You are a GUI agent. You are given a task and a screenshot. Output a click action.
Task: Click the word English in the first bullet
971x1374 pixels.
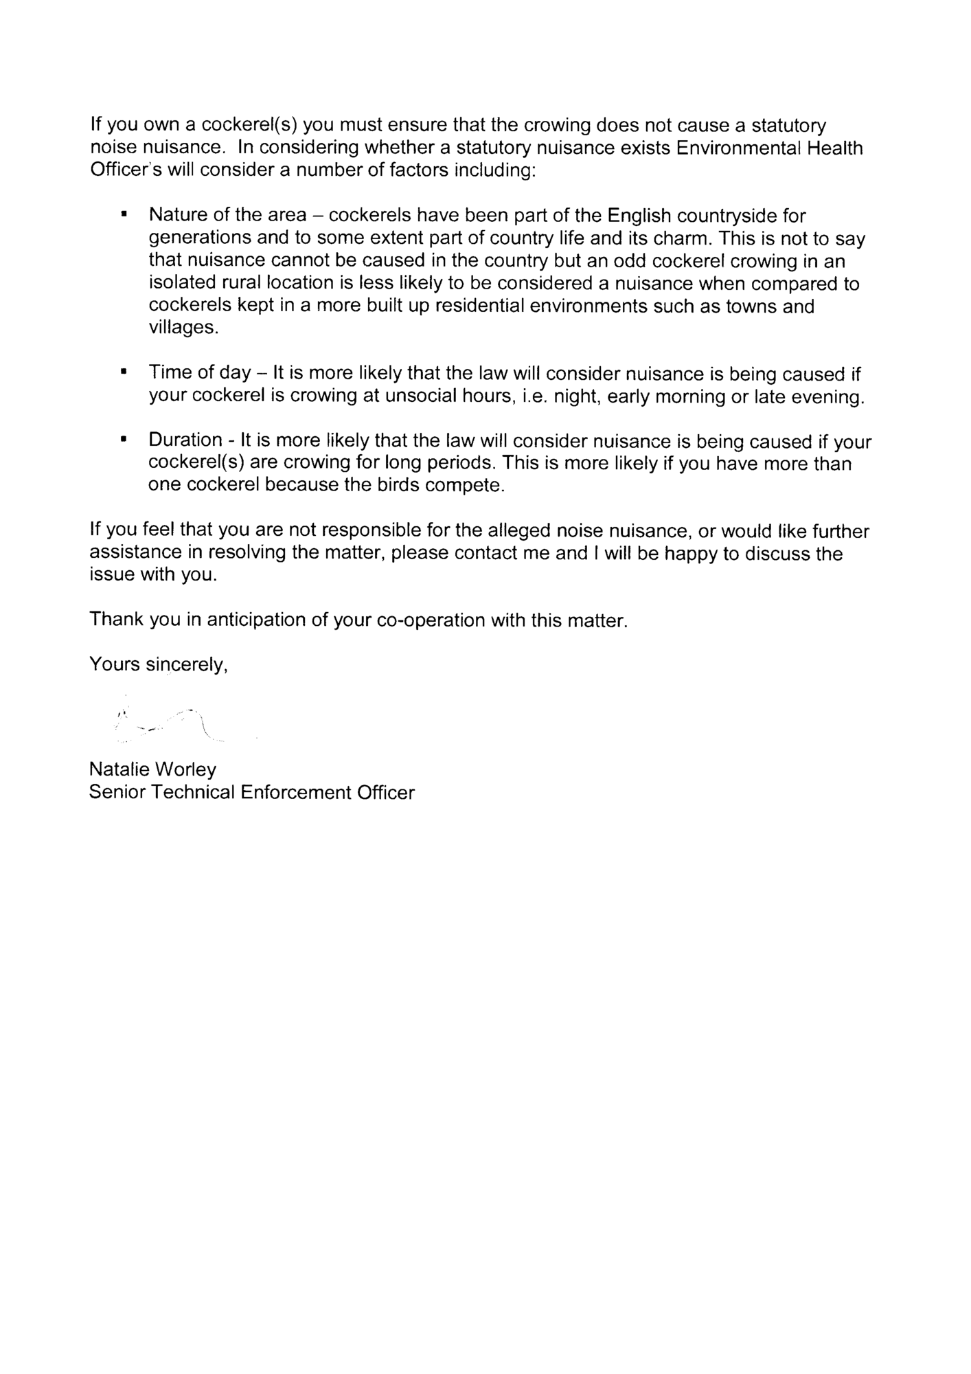pos(639,216)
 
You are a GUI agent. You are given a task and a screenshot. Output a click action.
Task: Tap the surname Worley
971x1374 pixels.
pos(186,769)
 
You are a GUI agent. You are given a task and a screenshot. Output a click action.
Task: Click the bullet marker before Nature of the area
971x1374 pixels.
pos(124,215)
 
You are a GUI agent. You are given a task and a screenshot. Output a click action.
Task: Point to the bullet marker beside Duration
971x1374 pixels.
pos(124,440)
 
